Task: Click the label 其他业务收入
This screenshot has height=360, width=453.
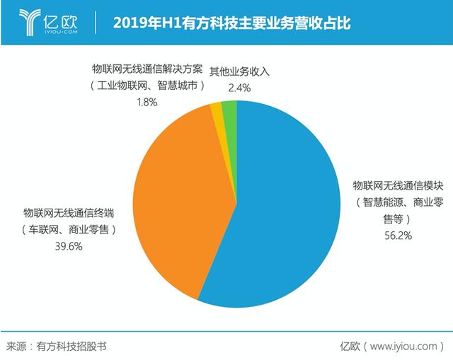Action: click(241, 71)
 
